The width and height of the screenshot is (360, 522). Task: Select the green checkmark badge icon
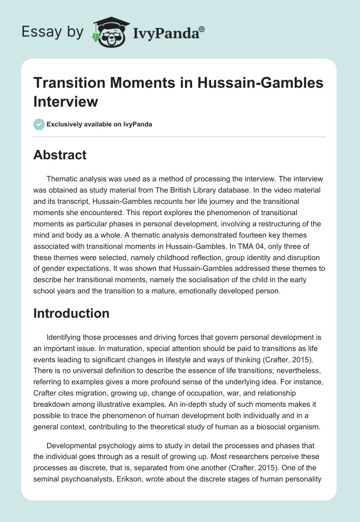pos(39,124)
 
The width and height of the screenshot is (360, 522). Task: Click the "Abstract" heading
pos(60,155)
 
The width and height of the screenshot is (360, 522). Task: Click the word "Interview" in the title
pos(66,101)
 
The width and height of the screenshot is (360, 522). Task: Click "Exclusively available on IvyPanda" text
pos(100,124)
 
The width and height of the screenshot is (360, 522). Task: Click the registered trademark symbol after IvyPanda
pos(202,28)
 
